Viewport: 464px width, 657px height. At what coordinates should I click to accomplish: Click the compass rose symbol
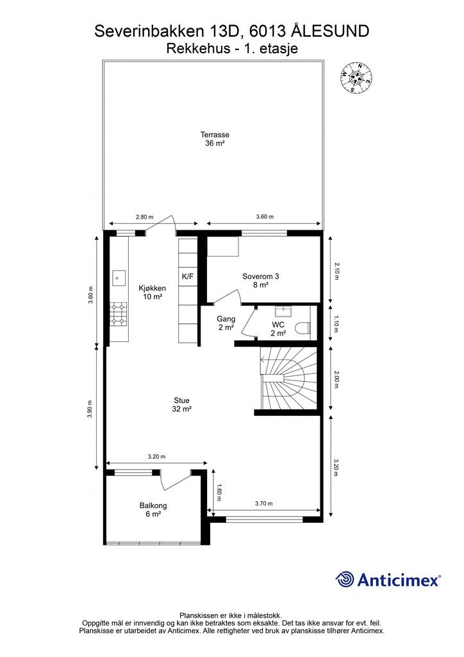357,78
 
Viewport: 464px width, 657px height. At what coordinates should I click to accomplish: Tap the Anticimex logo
388,579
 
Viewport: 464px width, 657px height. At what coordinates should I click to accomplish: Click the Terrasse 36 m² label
215,139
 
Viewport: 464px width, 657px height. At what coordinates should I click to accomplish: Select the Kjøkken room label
153,292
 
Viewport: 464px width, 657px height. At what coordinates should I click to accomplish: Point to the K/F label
187,277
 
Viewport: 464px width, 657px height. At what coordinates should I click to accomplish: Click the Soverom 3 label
261,280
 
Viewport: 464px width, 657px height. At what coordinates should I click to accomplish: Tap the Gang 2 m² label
226,323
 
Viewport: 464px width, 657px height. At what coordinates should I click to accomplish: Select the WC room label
278,329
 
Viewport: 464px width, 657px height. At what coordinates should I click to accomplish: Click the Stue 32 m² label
181,405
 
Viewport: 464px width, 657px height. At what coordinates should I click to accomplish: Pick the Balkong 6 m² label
153,510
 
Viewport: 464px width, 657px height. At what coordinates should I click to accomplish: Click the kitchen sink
119,277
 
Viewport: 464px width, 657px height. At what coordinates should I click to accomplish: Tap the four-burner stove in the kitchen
119,314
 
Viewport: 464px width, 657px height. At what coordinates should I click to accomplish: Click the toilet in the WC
303,328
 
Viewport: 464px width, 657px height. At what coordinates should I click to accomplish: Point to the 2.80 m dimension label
144,217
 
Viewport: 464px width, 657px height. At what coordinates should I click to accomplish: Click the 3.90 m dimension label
89,409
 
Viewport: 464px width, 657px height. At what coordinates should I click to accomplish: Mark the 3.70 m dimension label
263,503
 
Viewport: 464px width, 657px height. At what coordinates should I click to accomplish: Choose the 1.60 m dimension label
219,492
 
